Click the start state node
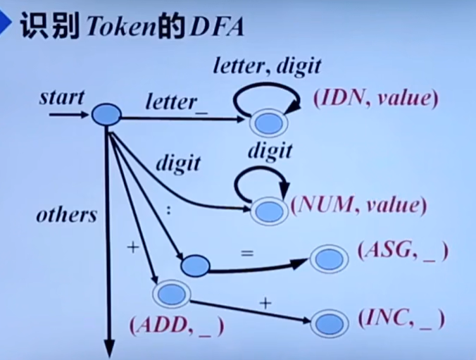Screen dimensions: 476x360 pyautogui.click(x=106, y=114)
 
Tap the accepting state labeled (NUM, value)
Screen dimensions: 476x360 pyautogui.click(x=269, y=211)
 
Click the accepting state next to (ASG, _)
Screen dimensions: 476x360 pyautogui.click(x=327, y=259)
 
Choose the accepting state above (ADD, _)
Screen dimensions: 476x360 pyautogui.click(x=170, y=292)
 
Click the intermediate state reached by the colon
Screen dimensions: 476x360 pyautogui.click(x=195, y=266)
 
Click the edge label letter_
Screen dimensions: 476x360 pyautogui.click(x=171, y=102)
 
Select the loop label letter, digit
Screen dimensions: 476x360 pyautogui.click(x=267, y=68)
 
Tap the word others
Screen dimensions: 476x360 pyautogui.click(x=66, y=215)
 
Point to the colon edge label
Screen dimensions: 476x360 pyautogui.click(x=168, y=210)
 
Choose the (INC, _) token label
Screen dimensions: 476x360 pyautogui.click(x=401, y=319)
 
